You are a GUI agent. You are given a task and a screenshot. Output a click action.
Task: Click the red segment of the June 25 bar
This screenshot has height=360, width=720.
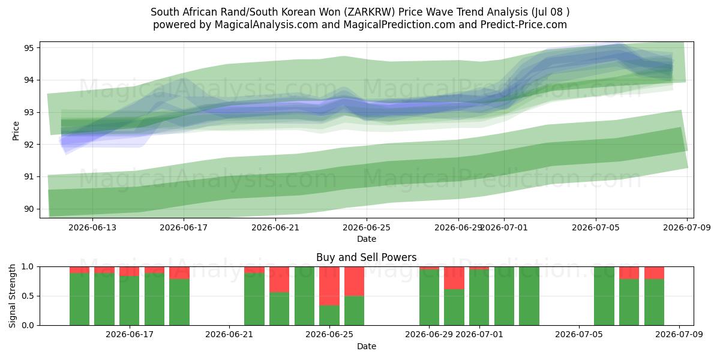click(329, 286)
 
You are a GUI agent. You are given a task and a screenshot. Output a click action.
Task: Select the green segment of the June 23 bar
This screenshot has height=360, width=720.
click(280, 309)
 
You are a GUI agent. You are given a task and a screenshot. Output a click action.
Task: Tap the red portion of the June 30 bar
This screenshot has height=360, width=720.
click(454, 278)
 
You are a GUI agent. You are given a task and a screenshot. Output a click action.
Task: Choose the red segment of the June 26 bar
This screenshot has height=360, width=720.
click(354, 281)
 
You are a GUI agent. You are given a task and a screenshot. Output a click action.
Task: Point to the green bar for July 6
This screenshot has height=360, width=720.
click(604, 296)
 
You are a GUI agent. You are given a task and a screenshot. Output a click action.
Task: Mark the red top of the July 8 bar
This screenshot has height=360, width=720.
click(654, 273)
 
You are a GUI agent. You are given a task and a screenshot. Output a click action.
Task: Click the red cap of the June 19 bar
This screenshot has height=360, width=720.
click(179, 273)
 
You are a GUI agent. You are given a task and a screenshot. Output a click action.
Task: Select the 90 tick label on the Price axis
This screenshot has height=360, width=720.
click(28, 209)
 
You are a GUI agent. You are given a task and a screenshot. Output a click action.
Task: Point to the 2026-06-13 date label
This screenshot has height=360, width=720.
click(92, 227)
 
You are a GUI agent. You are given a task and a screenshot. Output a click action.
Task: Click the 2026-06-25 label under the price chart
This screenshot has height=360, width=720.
click(367, 227)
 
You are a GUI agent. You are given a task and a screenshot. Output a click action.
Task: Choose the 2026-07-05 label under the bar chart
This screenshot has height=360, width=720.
click(579, 335)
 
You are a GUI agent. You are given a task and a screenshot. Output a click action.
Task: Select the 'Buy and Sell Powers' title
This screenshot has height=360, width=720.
click(367, 257)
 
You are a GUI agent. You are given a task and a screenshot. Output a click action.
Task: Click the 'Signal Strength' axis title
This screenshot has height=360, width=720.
click(12, 296)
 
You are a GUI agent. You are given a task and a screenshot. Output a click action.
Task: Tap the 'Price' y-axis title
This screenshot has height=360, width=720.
click(16, 131)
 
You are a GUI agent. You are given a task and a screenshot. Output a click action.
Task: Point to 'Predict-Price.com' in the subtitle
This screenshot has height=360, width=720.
click(524, 25)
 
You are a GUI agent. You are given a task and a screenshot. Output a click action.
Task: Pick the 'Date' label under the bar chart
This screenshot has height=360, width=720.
click(367, 346)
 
